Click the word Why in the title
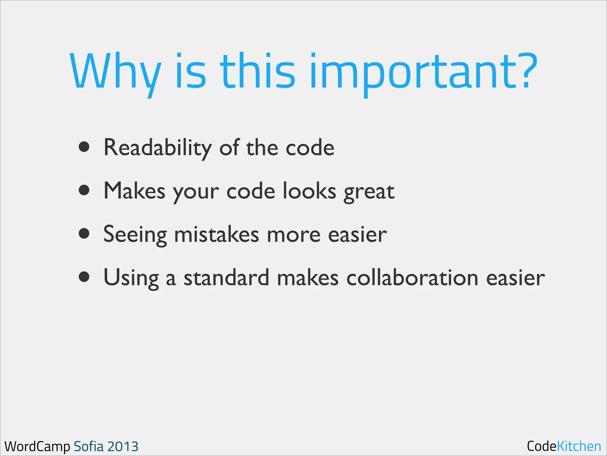click(x=116, y=71)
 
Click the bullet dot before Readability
click(x=84, y=147)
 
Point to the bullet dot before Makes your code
click(x=84, y=190)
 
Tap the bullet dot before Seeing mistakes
click(x=84, y=233)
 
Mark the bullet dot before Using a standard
click(x=84, y=277)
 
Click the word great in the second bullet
click(x=369, y=192)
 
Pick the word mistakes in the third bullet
click(x=216, y=234)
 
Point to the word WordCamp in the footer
click(x=37, y=446)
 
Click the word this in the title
click(x=257, y=71)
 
